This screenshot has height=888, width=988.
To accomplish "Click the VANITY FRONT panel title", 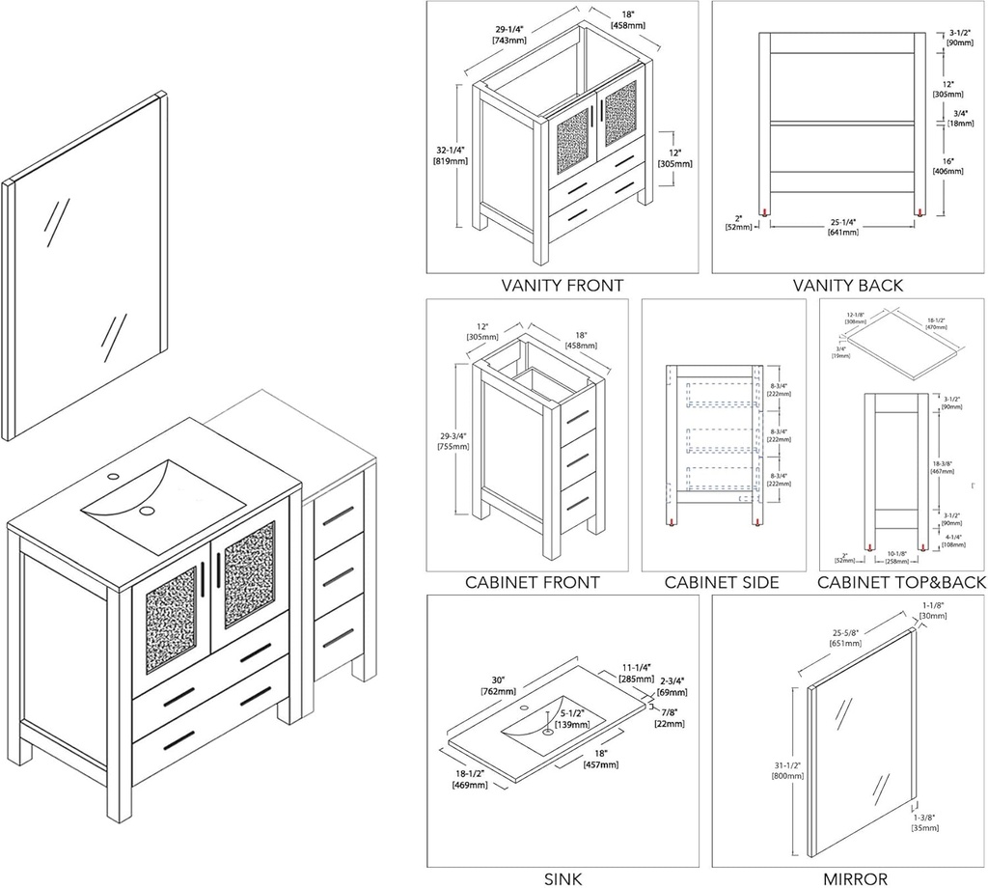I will point(562,285).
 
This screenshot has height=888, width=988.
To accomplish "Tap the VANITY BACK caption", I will point(847,285).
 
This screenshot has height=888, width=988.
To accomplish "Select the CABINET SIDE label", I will point(722,582).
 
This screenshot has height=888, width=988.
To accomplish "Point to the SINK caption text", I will point(563,877).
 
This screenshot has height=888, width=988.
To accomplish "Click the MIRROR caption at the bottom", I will point(855,877).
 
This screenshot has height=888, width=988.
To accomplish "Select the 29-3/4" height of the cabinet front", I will point(453,440).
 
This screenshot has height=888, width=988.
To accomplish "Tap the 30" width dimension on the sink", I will point(498,683).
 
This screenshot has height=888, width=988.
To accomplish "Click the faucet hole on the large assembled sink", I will point(113,476).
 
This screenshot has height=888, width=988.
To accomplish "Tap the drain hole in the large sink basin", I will point(147,510).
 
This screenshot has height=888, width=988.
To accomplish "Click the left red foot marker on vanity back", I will point(763,212).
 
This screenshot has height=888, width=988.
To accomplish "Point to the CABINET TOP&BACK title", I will point(901,582).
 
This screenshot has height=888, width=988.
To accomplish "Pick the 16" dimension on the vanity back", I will point(948,165).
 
